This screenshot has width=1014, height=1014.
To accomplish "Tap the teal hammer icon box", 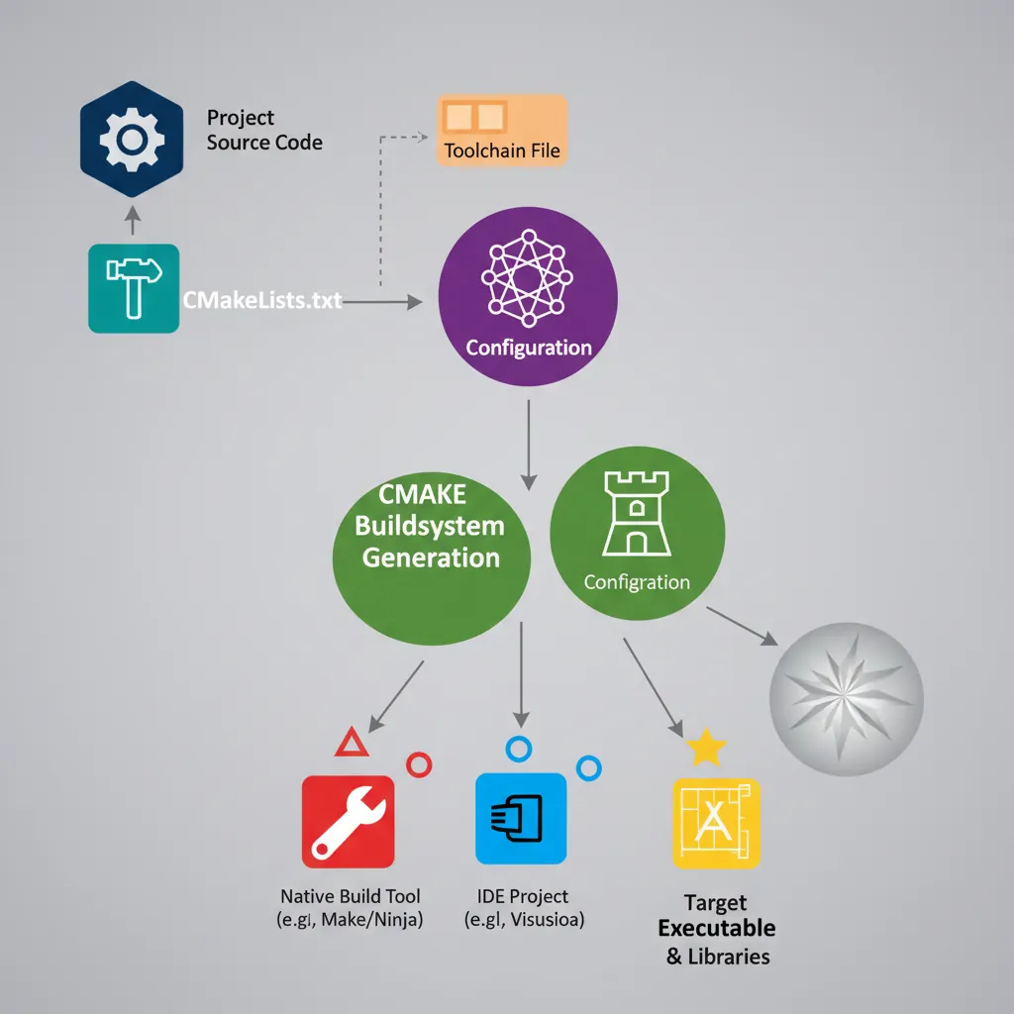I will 134,288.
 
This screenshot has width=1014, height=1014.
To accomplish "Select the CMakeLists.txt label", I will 262,300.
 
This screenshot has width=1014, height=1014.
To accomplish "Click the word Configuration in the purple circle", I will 528,348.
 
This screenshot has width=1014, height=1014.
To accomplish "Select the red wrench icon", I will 348,821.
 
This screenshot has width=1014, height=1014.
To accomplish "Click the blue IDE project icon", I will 521,818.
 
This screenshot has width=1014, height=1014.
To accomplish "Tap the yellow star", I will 706,748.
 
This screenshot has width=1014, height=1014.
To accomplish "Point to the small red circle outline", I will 419,763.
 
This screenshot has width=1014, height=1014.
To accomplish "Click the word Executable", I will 716,929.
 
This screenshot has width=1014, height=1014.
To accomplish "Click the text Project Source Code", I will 264,130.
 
